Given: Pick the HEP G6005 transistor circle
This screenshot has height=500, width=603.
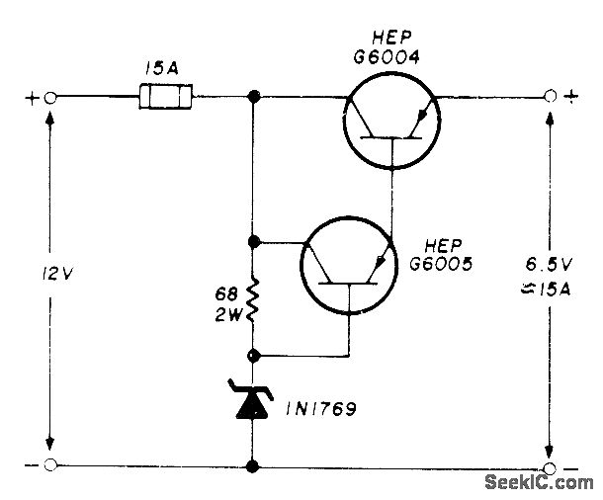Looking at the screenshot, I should (x=347, y=269).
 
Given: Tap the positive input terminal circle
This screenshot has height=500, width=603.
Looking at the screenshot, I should (x=49, y=98).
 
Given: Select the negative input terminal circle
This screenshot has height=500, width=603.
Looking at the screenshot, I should (x=50, y=465).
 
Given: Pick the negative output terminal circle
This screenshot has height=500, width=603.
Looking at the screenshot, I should (x=551, y=466).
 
